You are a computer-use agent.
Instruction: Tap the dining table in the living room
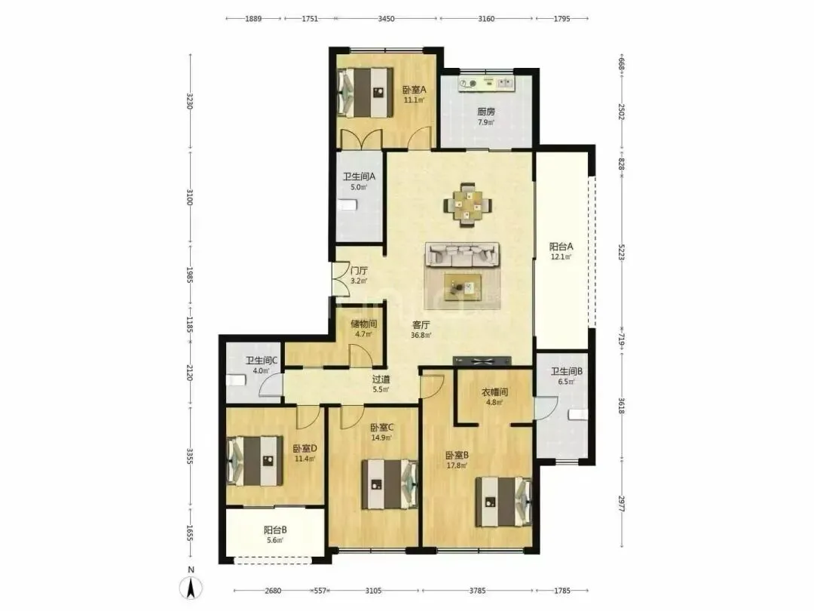point(468,204)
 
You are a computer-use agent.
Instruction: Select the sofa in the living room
point(463,255)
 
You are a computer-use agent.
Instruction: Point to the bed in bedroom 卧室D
point(255,461)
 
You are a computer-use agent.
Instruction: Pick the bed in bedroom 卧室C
point(390,484)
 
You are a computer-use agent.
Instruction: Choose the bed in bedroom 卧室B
point(504,502)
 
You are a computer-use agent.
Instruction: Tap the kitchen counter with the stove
point(486,83)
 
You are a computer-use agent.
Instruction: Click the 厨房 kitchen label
point(486,111)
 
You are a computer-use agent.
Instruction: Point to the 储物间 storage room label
point(364,324)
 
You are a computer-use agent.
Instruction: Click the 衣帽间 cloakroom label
point(494,391)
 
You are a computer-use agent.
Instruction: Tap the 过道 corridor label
point(381,379)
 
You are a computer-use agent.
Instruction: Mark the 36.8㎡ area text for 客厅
point(421,336)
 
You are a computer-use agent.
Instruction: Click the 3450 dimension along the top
point(386,19)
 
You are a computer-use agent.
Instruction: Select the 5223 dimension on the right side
point(621,252)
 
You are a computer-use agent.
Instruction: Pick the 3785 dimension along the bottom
point(477,590)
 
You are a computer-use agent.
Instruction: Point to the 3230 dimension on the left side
point(190,101)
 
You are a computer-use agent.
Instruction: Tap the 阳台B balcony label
point(275,530)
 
